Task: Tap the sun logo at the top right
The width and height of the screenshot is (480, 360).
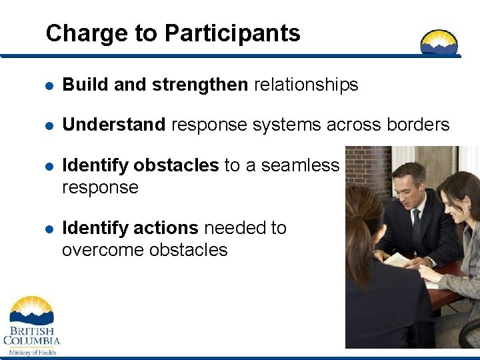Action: (439, 42)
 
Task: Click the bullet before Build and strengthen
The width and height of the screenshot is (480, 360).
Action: (49, 85)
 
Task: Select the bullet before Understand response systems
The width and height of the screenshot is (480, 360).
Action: (49, 125)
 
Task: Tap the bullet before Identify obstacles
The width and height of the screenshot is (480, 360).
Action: (49, 166)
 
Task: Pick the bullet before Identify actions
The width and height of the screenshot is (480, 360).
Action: (49, 229)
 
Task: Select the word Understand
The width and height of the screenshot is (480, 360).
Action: (114, 125)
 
